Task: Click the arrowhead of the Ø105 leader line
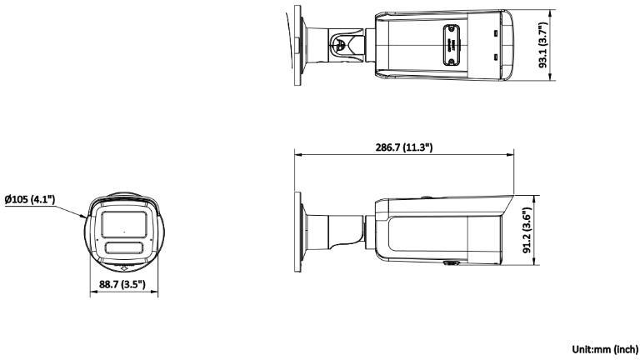pos(86,217)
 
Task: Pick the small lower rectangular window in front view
pos(123,247)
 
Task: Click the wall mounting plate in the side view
pos(298,227)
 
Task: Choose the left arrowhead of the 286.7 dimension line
pos(298,154)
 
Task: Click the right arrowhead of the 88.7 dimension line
pos(157,293)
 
